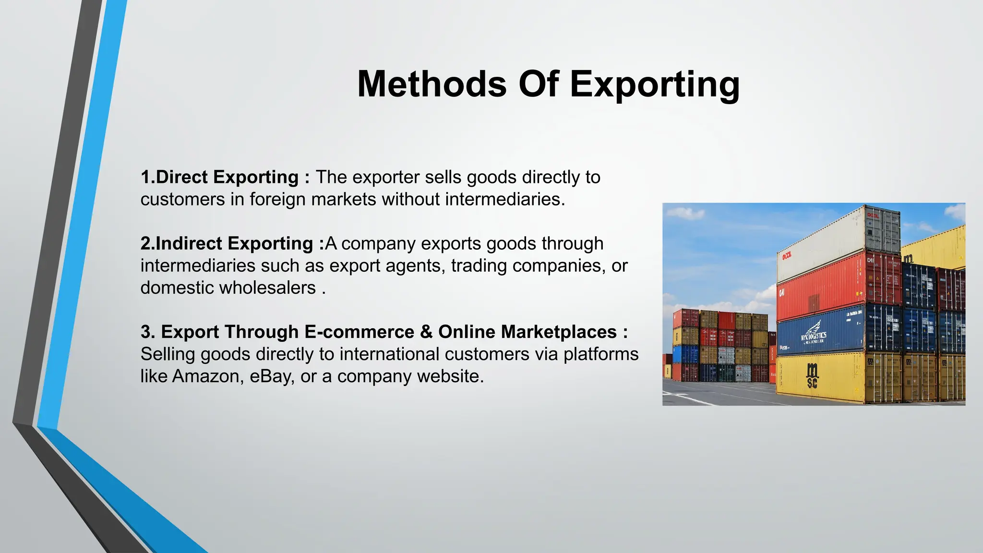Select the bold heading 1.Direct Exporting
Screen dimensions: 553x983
click(x=220, y=177)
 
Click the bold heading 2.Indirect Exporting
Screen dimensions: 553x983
click(x=227, y=243)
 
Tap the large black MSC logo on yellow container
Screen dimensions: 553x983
click(x=812, y=375)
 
